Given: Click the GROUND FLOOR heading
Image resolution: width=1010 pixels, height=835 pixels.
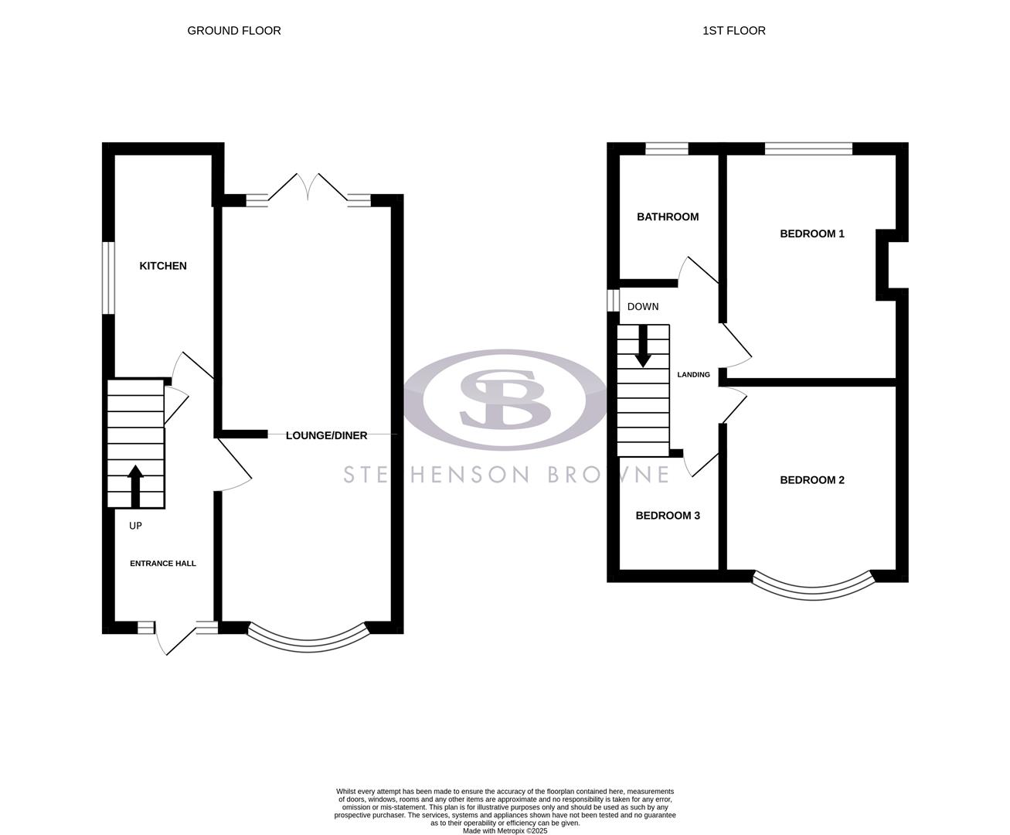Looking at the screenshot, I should click(234, 31).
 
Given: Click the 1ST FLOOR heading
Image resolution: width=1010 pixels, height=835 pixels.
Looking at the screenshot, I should click(733, 31).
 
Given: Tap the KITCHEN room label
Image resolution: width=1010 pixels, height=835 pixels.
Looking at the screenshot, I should click(163, 266).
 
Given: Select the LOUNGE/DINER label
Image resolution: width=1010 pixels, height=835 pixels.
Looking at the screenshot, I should click(326, 435).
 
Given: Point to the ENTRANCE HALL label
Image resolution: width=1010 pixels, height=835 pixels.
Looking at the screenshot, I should click(162, 564).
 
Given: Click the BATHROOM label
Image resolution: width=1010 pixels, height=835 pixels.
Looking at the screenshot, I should click(668, 217).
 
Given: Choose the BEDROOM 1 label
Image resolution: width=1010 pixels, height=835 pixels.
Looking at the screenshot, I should click(811, 233).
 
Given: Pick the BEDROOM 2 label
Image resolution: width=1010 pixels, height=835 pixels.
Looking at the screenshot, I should click(811, 480).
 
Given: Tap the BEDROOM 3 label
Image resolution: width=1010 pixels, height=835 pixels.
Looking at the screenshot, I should click(668, 516).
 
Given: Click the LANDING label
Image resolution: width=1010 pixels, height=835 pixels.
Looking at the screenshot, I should click(693, 375).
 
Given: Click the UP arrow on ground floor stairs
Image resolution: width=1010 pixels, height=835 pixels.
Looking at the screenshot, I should click(135, 486).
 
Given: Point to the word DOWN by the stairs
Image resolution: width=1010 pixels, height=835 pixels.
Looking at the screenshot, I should click(643, 307).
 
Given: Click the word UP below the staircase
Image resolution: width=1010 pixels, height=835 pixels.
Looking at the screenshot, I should click(135, 526).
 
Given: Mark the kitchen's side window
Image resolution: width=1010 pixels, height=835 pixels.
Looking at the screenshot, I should click(109, 278).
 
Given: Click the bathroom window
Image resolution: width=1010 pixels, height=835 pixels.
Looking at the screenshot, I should click(667, 149).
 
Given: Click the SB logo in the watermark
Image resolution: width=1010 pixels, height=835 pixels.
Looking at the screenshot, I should click(505, 399).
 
